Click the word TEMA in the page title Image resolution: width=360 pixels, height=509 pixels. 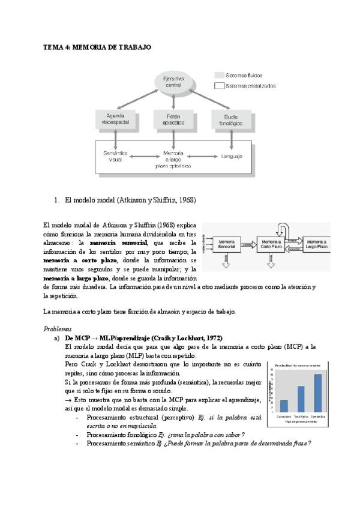(x=53, y=46)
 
